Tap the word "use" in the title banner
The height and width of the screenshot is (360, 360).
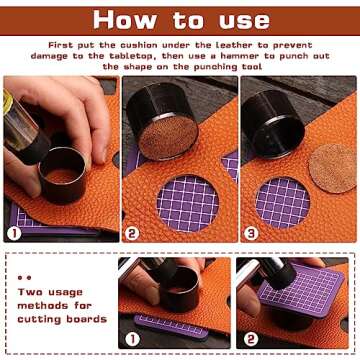click(244, 22)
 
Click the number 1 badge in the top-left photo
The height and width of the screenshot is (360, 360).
click(14, 233)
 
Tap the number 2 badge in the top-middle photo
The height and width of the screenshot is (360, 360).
click(132, 233)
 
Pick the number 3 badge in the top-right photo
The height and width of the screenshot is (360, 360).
click(251, 233)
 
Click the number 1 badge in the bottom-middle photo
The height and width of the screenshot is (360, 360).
click(132, 339)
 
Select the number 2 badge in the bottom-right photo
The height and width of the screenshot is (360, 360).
click(251, 339)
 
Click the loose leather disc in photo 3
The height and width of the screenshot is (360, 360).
click(332, 168)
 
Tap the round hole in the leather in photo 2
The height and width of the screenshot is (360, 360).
click(188, 204)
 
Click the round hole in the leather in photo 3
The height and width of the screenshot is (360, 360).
click(283, 203)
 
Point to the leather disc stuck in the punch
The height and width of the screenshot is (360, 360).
click(168, 138)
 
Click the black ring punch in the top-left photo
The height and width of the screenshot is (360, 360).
click(63, 176)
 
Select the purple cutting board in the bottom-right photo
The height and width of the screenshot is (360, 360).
click(301, 289)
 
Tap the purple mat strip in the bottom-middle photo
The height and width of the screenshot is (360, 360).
click(171, 327)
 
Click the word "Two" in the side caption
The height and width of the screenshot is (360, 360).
click(30, 292)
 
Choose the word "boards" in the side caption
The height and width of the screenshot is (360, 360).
click(86, 319)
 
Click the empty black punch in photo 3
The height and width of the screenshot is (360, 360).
click(273, 124)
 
